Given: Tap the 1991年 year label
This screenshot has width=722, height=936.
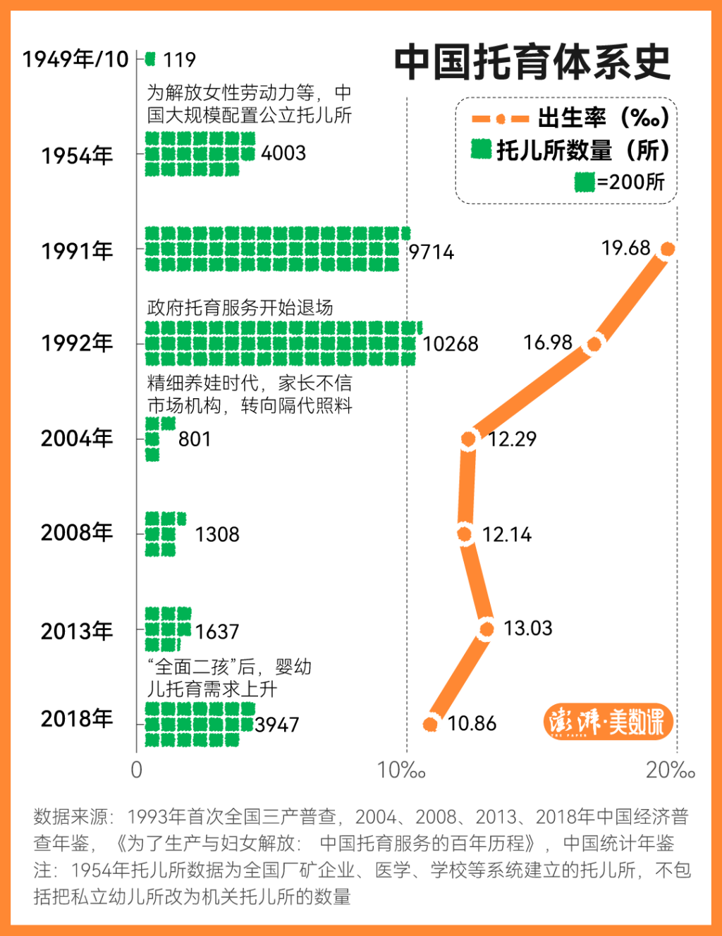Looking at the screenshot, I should point(77,251).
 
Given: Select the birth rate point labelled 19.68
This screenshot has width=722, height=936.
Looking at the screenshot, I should point(667,249).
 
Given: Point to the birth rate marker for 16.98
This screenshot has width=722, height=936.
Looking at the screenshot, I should point(594,344).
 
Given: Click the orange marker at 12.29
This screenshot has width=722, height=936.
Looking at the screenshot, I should point(469,439).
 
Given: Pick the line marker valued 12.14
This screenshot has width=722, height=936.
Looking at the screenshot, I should point(465,534).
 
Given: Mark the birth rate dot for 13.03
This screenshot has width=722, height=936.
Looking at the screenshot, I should point(487,629).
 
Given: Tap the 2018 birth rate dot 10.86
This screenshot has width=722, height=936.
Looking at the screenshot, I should point(431,724).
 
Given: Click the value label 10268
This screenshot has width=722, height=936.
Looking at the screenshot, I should point(451,344).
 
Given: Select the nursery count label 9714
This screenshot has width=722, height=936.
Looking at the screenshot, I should point(432,252).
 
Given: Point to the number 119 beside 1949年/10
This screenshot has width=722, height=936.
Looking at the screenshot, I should point(179,60).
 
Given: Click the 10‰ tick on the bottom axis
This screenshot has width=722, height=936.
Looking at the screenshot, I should point(402,770).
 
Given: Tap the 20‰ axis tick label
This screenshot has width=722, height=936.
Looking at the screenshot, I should point(670,770).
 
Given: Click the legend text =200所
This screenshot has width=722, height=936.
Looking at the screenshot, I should point(630,182).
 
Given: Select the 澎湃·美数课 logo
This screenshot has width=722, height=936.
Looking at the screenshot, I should point(608,722).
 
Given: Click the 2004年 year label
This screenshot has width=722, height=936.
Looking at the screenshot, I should point(77,438).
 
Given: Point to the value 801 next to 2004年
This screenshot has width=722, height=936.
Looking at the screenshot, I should point(195,439).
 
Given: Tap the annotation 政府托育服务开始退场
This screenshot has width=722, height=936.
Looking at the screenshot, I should point(240,307).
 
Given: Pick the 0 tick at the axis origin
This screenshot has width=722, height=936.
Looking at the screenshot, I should point(137,770).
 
